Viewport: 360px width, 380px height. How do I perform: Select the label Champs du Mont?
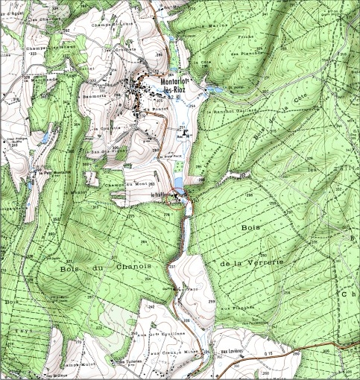coord(124,184)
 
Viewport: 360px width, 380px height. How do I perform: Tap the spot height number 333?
coord(32,54)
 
